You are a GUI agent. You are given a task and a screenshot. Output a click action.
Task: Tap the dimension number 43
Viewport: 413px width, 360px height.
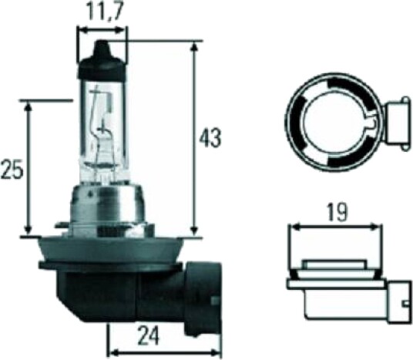coord(210,138)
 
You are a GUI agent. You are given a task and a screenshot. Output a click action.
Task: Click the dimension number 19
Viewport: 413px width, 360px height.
coord(337,212)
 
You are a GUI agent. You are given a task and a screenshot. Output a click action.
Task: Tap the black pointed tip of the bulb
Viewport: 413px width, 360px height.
coord(102,49)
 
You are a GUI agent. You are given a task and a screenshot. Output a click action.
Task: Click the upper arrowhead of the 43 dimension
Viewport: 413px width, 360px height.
coord(194,48)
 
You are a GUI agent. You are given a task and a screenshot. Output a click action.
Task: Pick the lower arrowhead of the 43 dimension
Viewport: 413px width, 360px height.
coord(194,230)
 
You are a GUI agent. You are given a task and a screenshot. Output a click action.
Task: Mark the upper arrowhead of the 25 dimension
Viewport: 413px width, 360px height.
coord(29,107)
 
